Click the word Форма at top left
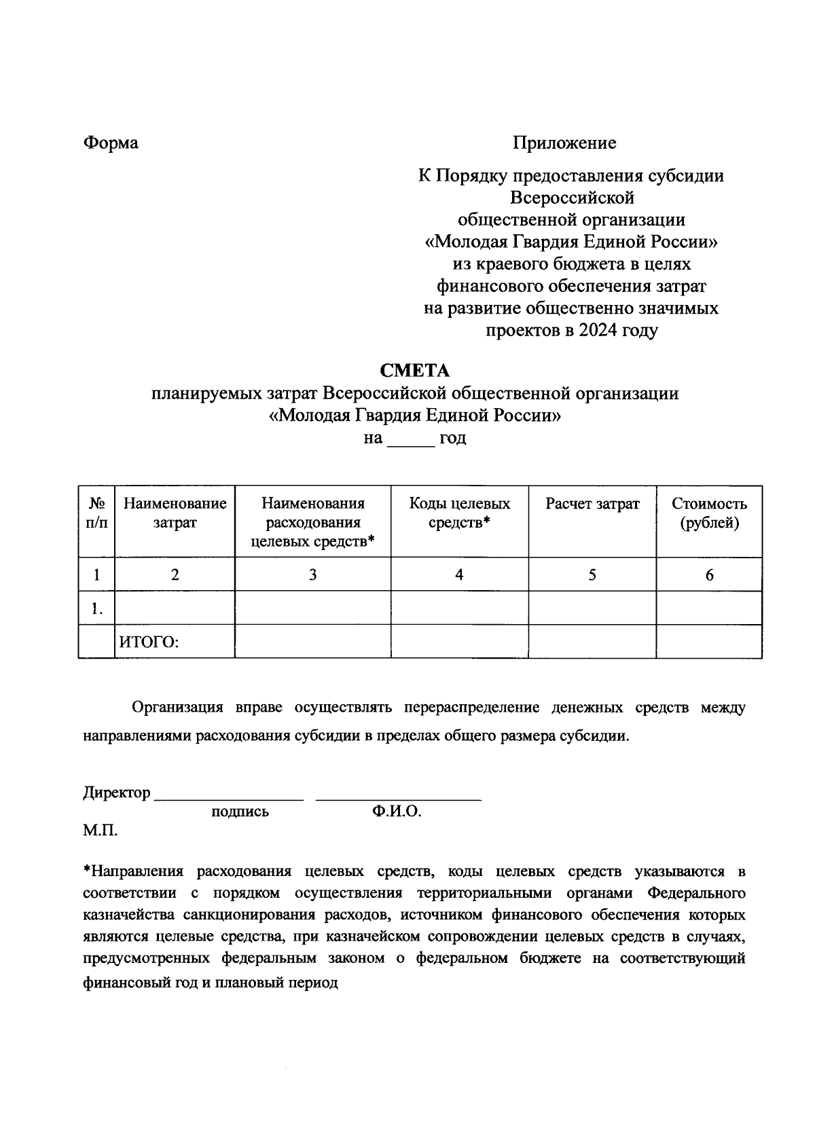(x=110, y=143)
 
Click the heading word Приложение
(x=564, y=143)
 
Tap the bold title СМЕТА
(x=415, y=371)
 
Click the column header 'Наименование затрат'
(x=175, y=513)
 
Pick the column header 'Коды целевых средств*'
(x=459, y=513)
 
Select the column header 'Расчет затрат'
(x=592, y=504)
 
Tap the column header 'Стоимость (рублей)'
(x=709, y=513)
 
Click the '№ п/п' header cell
(x=97, y=513)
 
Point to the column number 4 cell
(x=459, y=575)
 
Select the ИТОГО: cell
(x=149, y=642)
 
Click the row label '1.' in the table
(x=97, y=609)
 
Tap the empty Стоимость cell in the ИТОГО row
(x=709, y=642)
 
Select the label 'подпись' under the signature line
(x=240, y=812)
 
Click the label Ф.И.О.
(x=397, y=812)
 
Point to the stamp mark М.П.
(x=100, y=831)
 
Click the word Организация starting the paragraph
(x=177, y=708)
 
